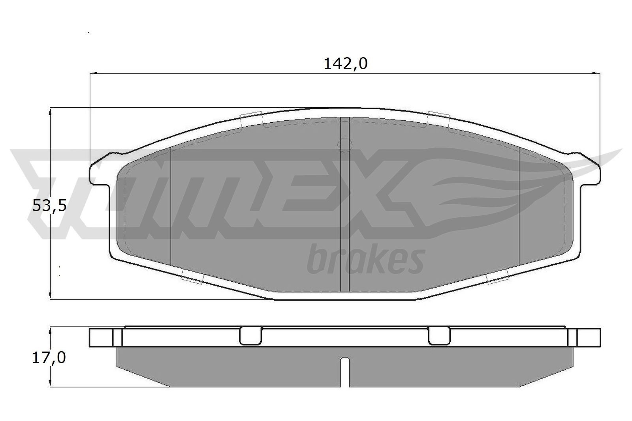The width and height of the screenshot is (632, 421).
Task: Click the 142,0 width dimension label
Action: [345, 64]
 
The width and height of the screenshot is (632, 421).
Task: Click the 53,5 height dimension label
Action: [49, 206]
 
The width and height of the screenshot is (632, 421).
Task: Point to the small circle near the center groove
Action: [345, 144]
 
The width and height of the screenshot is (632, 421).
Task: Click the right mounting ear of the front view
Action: [590, 170]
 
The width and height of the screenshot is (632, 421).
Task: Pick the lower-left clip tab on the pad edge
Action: [192, 279]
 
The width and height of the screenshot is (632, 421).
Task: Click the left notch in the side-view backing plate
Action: [251, 336]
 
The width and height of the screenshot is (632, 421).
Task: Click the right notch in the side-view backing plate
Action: [439, 336]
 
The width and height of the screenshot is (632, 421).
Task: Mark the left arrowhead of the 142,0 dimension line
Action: [94, 73]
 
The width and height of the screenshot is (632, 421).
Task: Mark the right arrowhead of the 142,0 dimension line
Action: [598, 73]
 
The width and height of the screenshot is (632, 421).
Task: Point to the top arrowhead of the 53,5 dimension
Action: [50, 112]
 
